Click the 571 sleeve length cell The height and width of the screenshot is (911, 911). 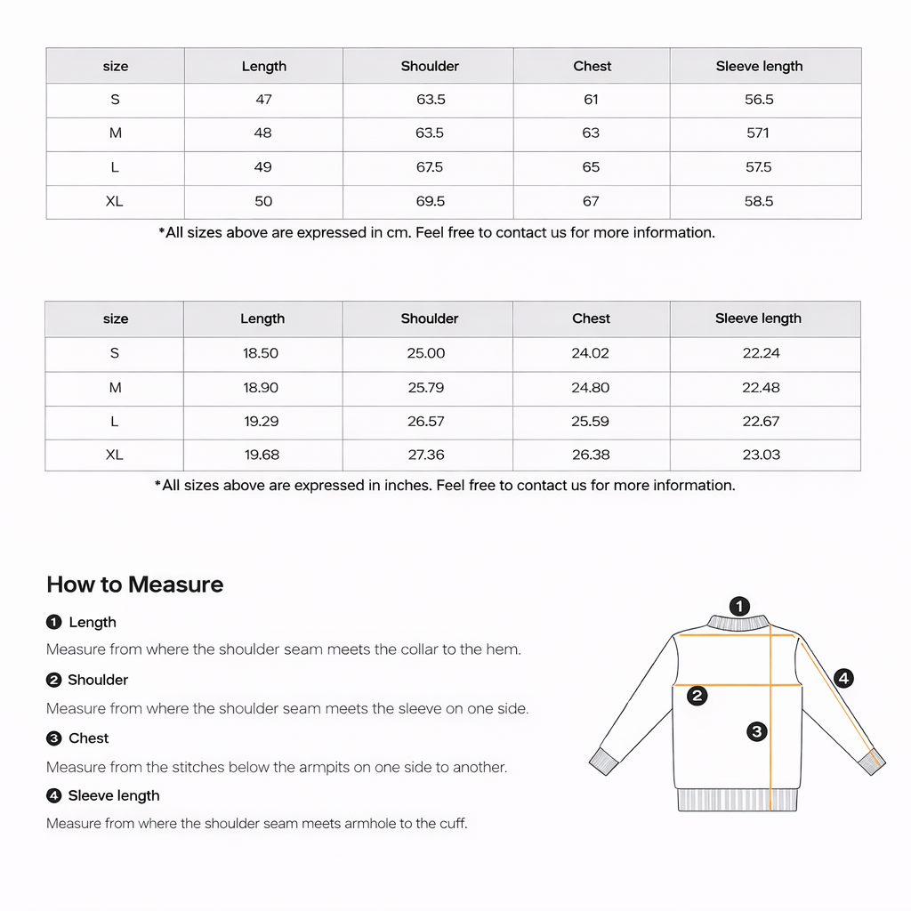click(x=759, y=133)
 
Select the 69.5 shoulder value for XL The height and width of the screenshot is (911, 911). click(x=431, y=201)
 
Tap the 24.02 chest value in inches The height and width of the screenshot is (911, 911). click(x=590, y=353)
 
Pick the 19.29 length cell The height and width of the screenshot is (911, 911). click(x=262, y=422)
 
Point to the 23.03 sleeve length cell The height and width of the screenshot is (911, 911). click(x=761, y=455)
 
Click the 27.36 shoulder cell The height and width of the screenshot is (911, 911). click(x=426, y=455)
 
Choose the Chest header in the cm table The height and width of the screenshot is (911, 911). click(x=592, y=66)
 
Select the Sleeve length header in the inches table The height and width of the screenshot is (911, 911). click(x=758, y=318)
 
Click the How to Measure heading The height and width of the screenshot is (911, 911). click(x=135, y=584)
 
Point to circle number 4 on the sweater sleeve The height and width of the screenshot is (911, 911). click(x=843, y=679)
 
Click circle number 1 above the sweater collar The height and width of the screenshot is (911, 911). click(x=739, y=606)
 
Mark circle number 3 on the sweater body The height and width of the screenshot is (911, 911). click(x=756, y=732)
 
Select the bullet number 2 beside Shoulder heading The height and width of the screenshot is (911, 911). click(x=53, y=681)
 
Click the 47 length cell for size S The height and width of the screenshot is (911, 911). click(x=263, y=100)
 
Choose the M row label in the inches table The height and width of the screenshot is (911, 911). click(x=115, y=388)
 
